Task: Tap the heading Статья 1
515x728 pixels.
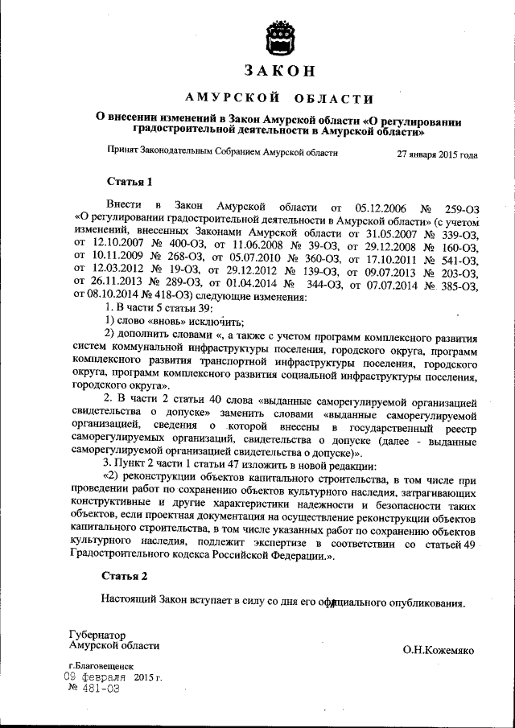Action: (128, 179)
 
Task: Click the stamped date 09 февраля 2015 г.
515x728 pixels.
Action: (113, 677)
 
